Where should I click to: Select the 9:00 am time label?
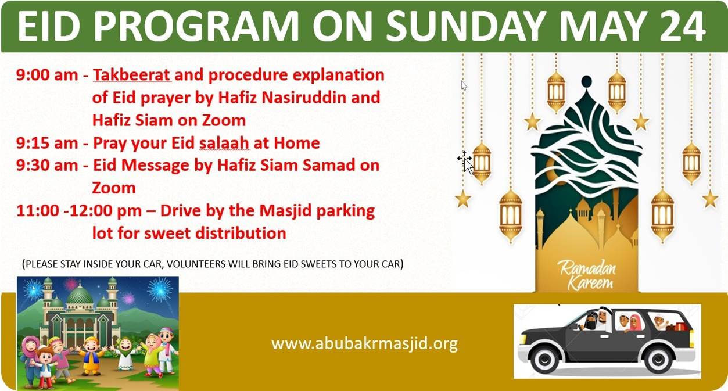48,75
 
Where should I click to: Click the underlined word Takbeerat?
131,75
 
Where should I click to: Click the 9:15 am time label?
48,143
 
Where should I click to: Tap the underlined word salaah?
224,143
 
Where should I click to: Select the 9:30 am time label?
48,165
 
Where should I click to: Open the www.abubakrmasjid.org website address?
364,344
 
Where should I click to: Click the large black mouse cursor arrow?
468,167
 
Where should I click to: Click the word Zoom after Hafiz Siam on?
224,120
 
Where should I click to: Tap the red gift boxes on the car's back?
680,326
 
